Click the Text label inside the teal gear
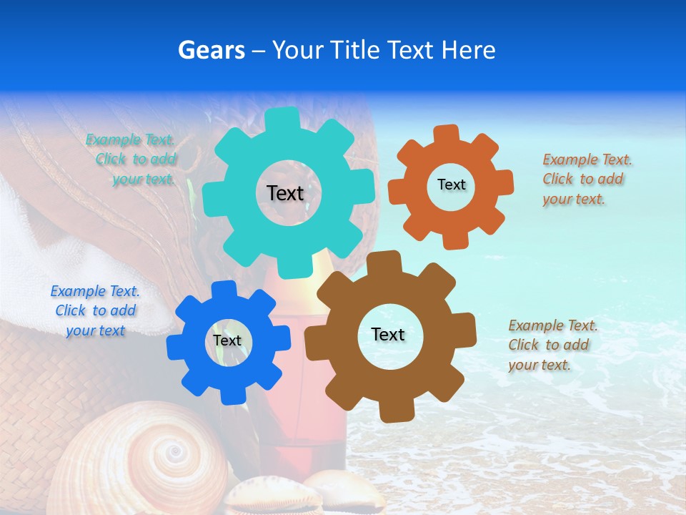pos(285,193)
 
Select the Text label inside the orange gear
pos(451,185)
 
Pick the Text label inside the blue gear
pos(227,341)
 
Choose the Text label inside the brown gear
pos(388,334)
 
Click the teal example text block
pos(131,160)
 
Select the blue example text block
pos(95,311)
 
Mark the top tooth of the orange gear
pos(446,132)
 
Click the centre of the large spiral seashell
pos(174,452)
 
